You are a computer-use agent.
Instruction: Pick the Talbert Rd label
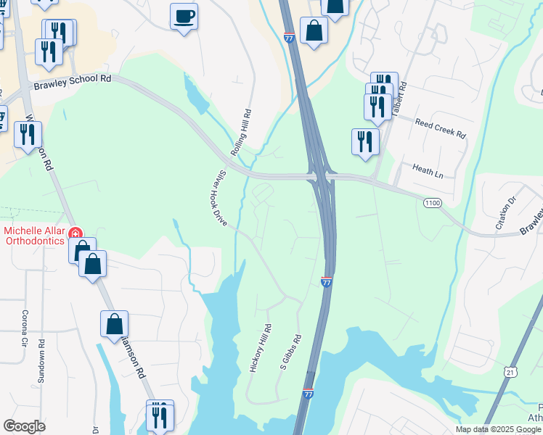point(401,93)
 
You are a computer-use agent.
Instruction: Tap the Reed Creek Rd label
point(440,130)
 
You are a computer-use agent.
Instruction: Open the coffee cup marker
point(184,15)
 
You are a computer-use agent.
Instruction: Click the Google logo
point(25,426)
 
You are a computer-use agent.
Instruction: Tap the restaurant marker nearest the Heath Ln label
point(364,141)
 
